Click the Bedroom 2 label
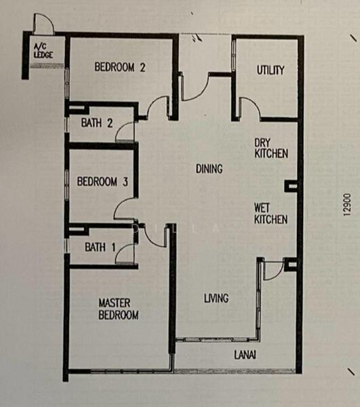point(120,67)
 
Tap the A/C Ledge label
point(43,51)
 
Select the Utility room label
point(271,70)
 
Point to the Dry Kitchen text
point(271,148)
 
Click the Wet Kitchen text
point(271,214)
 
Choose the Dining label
point(209,169)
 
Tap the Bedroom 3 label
point(102,181)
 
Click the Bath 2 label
point(97,123)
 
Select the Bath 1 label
point(100,247)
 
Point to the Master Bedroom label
point(118,309)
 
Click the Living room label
point(216,298)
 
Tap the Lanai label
point(245,355)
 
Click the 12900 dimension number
point(347,205)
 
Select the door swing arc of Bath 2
point(119,128)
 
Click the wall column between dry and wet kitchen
point(292,187)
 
